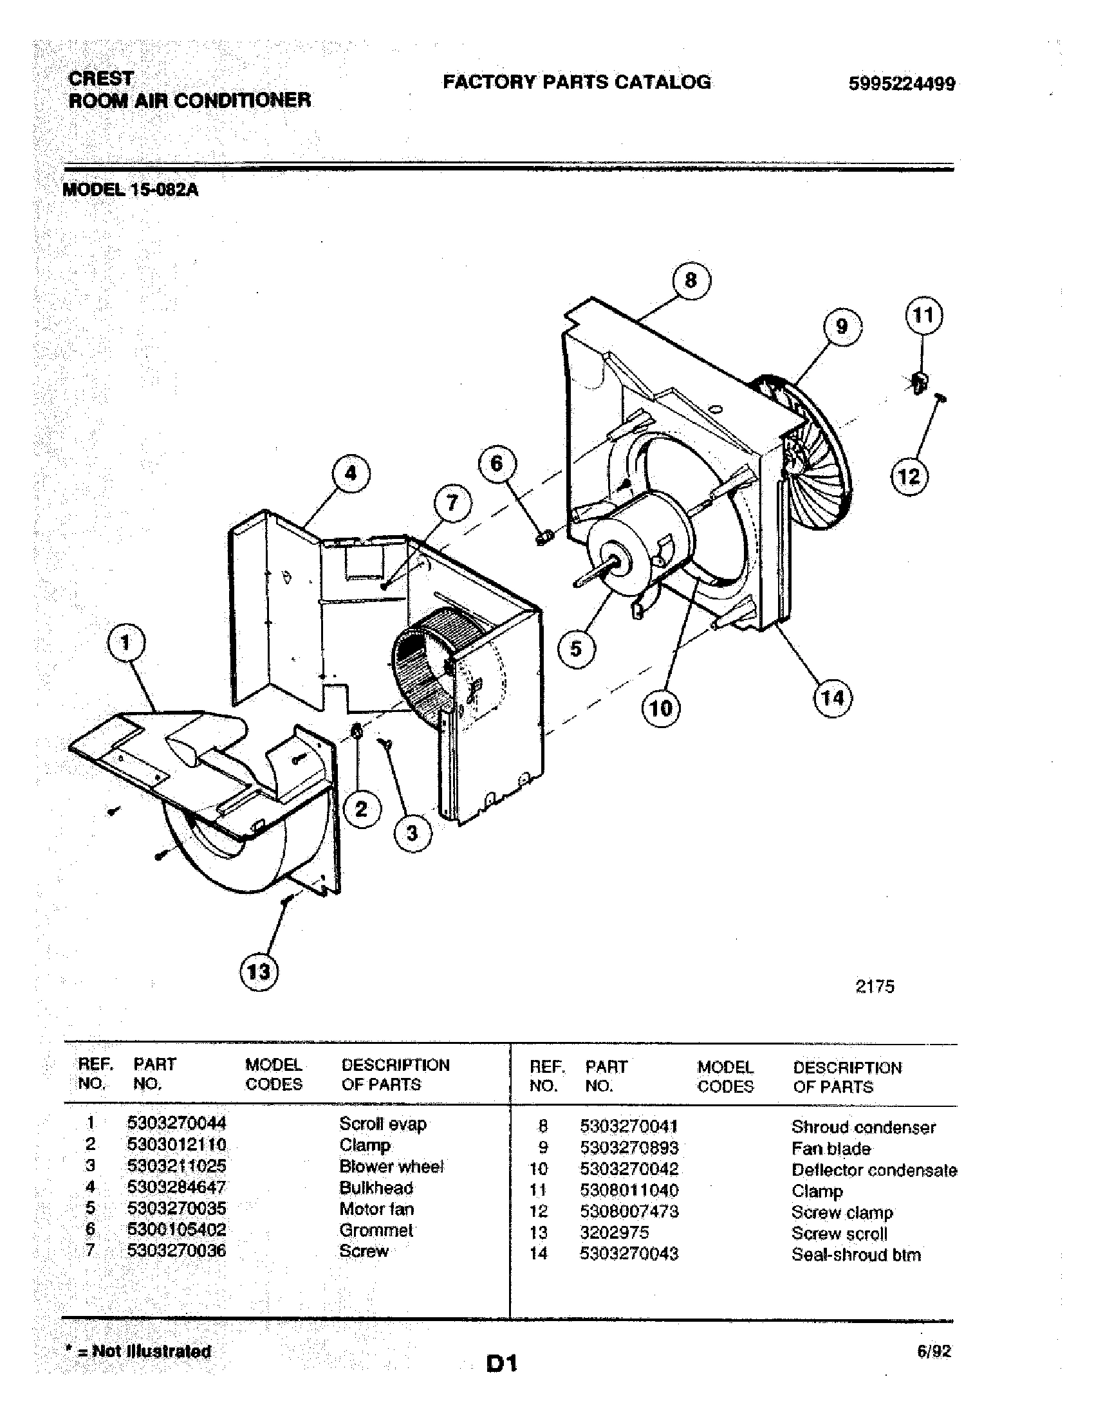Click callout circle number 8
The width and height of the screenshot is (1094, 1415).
(x=691, y=280)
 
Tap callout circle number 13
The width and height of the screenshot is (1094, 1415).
(x=259, y=972)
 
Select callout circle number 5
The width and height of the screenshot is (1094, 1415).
(x=575, y=648)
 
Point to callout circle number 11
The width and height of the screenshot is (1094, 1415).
(x=923, y=316)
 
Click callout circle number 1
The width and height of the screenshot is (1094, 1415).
(x=125, y=643)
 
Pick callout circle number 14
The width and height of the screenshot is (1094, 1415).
(x=832, y=698)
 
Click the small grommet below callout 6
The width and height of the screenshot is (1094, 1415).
(x=544, y=537)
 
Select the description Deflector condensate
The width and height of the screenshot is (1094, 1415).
(x=874, y=1170)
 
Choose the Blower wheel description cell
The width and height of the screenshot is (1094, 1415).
(x=391, y=1166)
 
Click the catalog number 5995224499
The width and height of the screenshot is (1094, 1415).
(x=902, y=84)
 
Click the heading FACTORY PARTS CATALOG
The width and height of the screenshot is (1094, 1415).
(x=576, y=82)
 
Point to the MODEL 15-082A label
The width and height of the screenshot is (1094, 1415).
(x=130, y=190)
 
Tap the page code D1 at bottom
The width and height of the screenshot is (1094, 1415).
(x=501, y=1364)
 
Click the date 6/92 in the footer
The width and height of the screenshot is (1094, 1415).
(x=934, y=1351)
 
